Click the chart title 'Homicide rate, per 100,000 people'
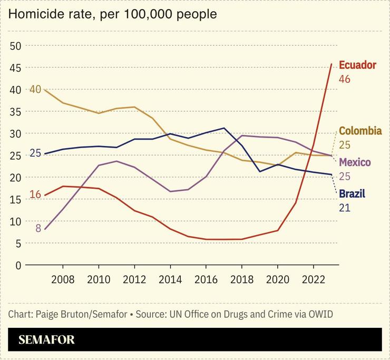coord(112,14)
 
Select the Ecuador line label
coord(357,65)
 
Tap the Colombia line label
coord(360,131)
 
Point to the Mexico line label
coord(355,162)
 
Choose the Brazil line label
coord(352,193)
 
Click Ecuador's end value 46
coord(345,80)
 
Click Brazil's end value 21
coord(344,208)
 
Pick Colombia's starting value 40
coord(35,89)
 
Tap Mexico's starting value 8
coord(38,228)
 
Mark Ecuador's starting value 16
coord(35,194)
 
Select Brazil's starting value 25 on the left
coord(35,153)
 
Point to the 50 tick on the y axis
coord(15,46)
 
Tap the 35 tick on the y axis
coord(15,112)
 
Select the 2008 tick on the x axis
coord(63,279)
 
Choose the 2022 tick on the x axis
coord(313,279)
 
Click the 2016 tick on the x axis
coord(206,279)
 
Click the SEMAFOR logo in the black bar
coord(46,340)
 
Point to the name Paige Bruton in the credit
coord(63,315)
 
